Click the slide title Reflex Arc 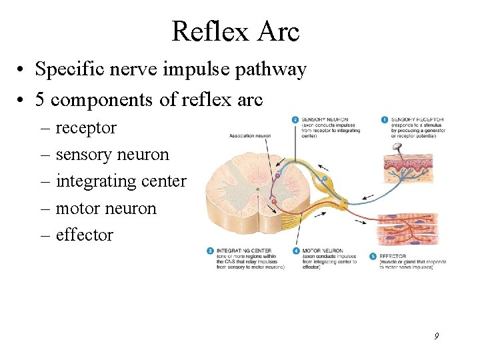click(235, 31)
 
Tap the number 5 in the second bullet click(40, 99)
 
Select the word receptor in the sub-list click(85, 127)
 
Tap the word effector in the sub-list click(84, 235)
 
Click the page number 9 click(436, 337)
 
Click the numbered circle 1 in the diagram click(385, 119)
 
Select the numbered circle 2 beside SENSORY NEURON click(295, 120)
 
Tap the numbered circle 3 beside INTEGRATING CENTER click(210, 251)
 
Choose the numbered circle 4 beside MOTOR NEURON click(295, 251)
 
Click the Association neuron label click(249, 135)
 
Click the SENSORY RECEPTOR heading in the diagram click(417, 119)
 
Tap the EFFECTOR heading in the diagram click(394, 256)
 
